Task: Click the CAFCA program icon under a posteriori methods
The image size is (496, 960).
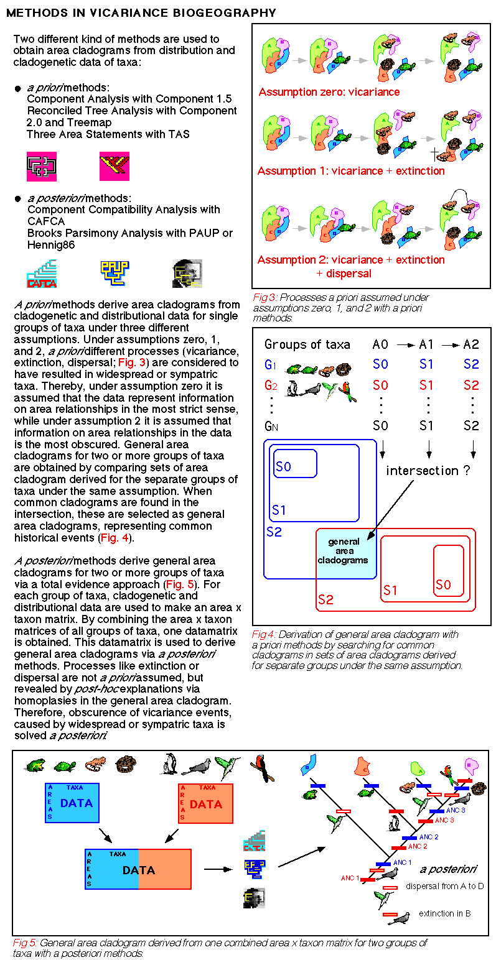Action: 42,274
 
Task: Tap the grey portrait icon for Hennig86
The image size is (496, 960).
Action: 187,273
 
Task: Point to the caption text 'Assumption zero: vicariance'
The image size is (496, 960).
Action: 329,92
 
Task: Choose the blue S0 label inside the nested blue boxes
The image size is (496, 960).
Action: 283,466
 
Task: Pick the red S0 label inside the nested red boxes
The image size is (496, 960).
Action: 443,585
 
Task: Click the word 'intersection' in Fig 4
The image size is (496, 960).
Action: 421,471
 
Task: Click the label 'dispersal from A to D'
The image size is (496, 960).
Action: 444,886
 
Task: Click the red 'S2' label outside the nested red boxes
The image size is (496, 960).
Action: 325,599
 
